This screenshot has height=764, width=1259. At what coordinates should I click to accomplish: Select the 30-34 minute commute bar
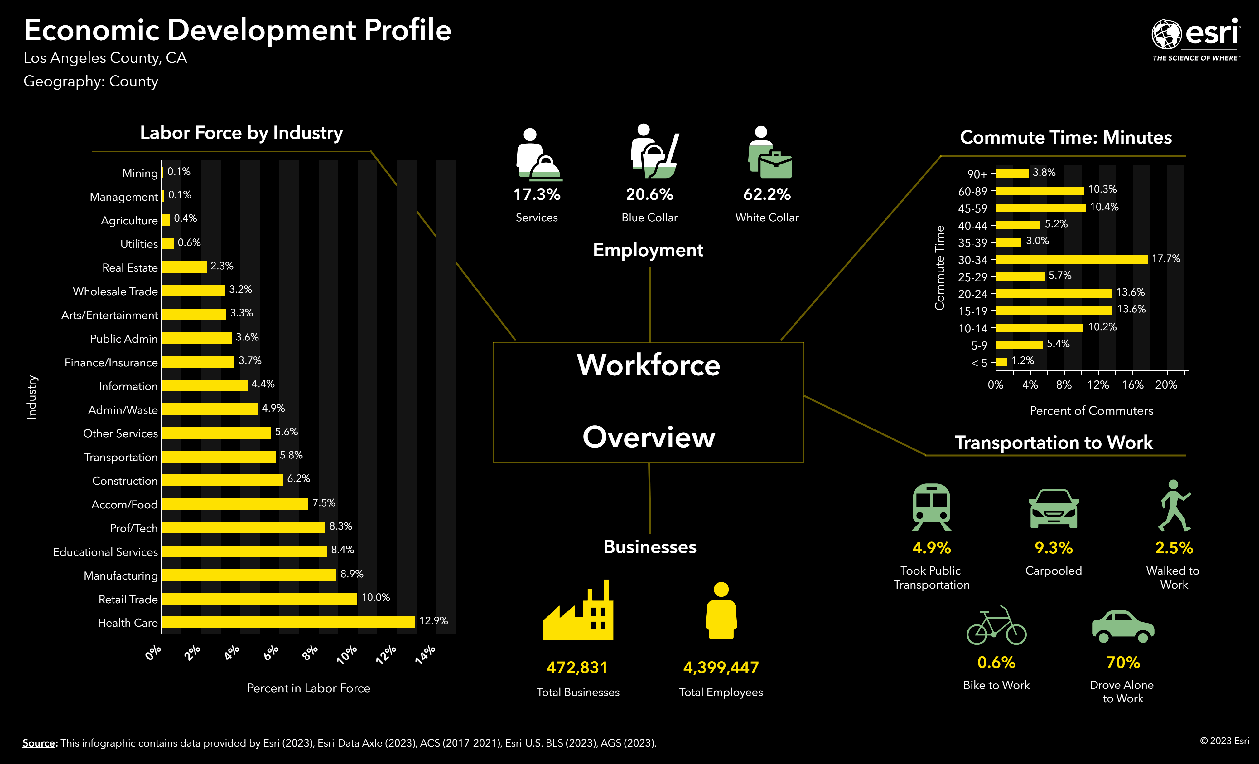1072,259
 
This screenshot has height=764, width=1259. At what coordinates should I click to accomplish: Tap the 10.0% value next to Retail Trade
376,597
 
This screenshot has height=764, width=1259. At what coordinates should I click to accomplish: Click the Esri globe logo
1166,35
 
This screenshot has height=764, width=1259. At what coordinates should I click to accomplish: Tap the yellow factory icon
578,611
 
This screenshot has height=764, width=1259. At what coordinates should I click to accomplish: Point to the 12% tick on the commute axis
1098,384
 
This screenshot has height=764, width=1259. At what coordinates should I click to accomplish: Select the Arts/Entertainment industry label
109,315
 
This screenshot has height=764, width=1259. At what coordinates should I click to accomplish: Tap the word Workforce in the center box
649,365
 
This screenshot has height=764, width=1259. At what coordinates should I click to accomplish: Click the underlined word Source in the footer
39,743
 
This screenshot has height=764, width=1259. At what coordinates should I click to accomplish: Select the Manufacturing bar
249,575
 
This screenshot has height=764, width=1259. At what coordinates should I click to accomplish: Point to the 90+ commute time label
977,174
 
